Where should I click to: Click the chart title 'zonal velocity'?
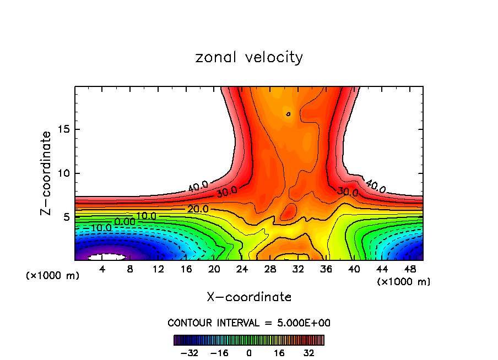[x=249, y=57]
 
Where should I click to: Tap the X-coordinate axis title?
[x=249, y=297]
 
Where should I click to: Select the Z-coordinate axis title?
[x=46, y=173]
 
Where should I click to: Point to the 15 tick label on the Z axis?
[x=63, y=129]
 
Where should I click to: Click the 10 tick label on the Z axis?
[x=63, y=173]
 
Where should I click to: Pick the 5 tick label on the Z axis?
[x=67, y=217]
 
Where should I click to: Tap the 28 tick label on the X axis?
[x=270, y=269]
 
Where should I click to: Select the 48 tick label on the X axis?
[x=410, y=269]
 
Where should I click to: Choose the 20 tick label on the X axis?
[x=214, y=269]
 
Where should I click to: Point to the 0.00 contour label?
[x=124, y=221]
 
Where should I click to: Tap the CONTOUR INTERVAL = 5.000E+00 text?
[x=249, y=323]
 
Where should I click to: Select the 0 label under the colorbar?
[x=249, y=352]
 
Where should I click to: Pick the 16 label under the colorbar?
[x=279, y=352]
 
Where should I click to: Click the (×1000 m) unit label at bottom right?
[x=404, y=282]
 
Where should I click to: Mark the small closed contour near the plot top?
[x=288, y=114]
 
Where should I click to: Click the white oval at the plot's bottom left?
[x=107, y=257]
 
